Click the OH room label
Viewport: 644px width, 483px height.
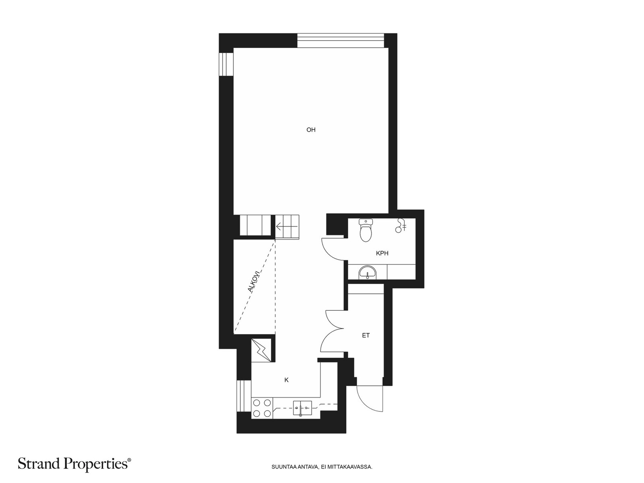click(311, 130)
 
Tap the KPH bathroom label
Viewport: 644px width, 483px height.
click(382, 253)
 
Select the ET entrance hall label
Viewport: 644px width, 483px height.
click(365, 336)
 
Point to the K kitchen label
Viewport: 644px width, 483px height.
click(286, 380)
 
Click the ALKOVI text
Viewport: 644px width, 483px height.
click(254, 281)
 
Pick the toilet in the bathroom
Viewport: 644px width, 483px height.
click(365, 230)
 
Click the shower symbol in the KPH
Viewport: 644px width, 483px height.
click(401, 225)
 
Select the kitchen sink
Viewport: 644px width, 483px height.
click(303, 408)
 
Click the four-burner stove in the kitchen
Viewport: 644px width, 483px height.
click(262, 408)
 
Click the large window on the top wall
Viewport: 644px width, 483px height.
click(341, 40)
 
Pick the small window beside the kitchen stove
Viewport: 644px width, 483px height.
click(244, 396)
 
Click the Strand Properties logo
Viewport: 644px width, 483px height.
click(74, 464)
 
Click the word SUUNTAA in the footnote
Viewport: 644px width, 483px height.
click(280, 466)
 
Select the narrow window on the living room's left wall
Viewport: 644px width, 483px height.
click(226, 64)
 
